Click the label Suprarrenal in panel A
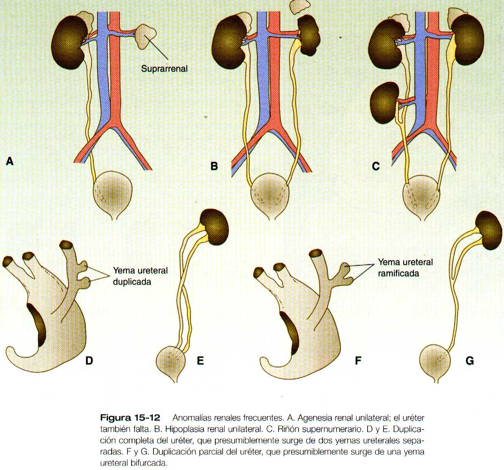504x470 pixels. click(x=164, y=69)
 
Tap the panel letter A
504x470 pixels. click(x=10, y=162)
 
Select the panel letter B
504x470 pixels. click(x=214, y=166)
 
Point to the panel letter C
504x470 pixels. click(x=376, y=166)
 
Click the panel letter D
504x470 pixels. click(x=89, y=360)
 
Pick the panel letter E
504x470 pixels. click(x=200, y=360)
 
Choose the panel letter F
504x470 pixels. click(x=358, y=360)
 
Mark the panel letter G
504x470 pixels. click(x=470, y=360)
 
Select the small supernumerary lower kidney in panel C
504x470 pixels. click(x=385, y=102)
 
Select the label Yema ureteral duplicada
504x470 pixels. click(x=140, y=276)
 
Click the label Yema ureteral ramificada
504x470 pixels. click(x=405, y=268)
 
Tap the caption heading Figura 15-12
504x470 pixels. click(x=130, y=418)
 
